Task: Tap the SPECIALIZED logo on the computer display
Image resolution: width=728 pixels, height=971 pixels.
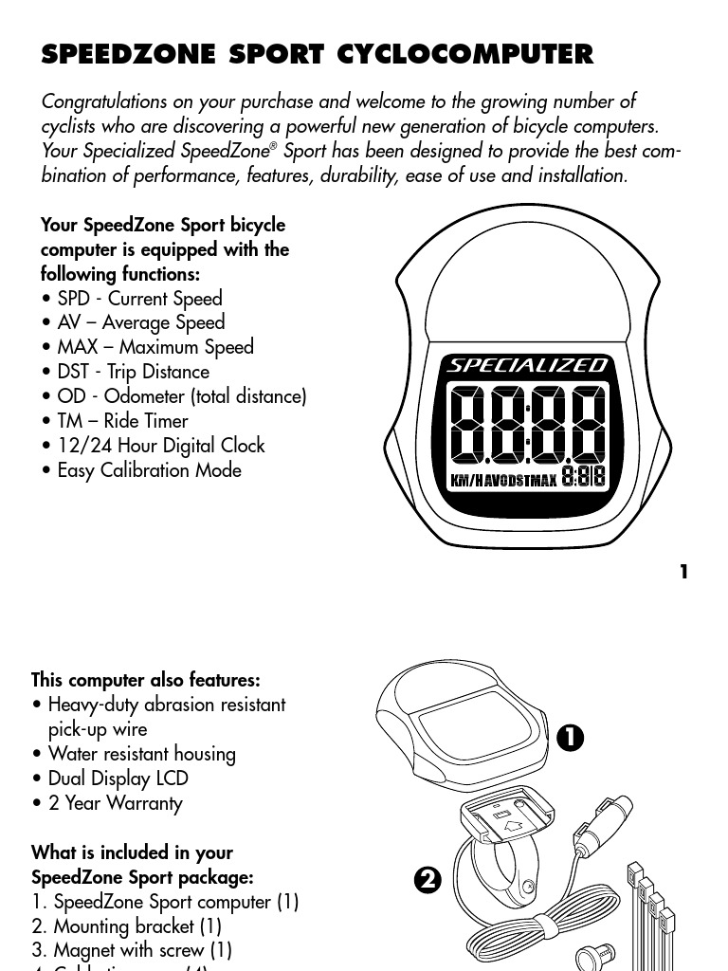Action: tap(528, 365)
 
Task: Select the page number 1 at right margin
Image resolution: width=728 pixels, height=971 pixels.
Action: tap(683, 572)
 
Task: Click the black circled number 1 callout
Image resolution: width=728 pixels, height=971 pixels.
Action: tap(571, 738)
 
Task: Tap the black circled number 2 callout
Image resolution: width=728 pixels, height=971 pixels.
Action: tap(428, 880)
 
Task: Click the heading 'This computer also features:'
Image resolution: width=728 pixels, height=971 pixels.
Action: tap(146, 680)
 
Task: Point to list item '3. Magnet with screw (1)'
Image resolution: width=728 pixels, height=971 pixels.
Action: tap(132, 949)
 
